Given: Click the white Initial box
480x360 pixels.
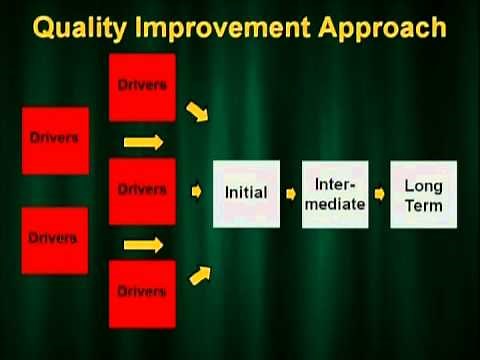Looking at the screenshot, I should [x=246, y=191].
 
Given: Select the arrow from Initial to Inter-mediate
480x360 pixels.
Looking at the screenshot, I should [x=291, y=191].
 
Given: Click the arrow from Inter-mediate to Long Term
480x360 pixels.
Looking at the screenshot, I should [x=379, y=191].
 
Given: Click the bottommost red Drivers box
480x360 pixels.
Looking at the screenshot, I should [x=142, y=292].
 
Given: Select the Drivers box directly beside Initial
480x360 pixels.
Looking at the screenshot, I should [x=142, y=188].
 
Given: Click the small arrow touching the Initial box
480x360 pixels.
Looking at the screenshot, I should [x=198, y=188].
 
